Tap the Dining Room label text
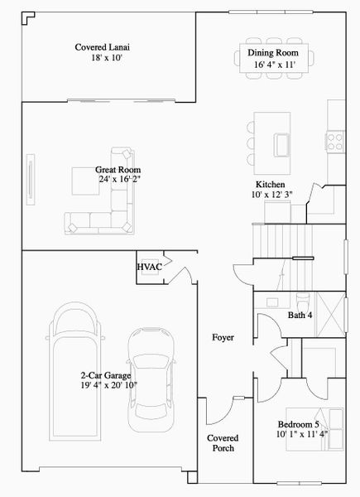[272, 53]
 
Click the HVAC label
[149, 267]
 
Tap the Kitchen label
[270, 185]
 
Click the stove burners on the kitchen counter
[336, 138]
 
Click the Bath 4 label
[299, 315]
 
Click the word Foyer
[223, 338]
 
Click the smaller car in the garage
[153, 374]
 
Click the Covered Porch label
[223, 442]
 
